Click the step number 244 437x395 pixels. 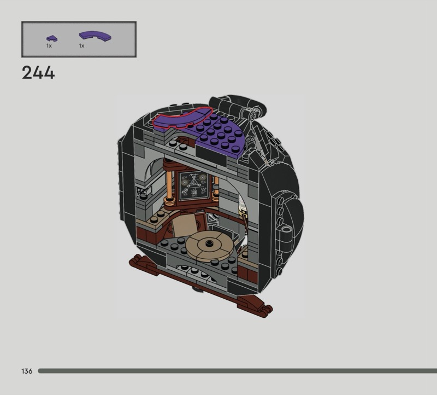(x=38, y=73)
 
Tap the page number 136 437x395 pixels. (x=27, y=371)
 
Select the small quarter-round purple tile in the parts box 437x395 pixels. (x=52, y=38)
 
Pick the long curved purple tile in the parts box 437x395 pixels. (x=95, y=36)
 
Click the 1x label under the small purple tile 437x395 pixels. (x=49, y=46)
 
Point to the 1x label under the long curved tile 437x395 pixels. (x=81, y=46)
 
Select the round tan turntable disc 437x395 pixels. (x=209, y=246)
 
